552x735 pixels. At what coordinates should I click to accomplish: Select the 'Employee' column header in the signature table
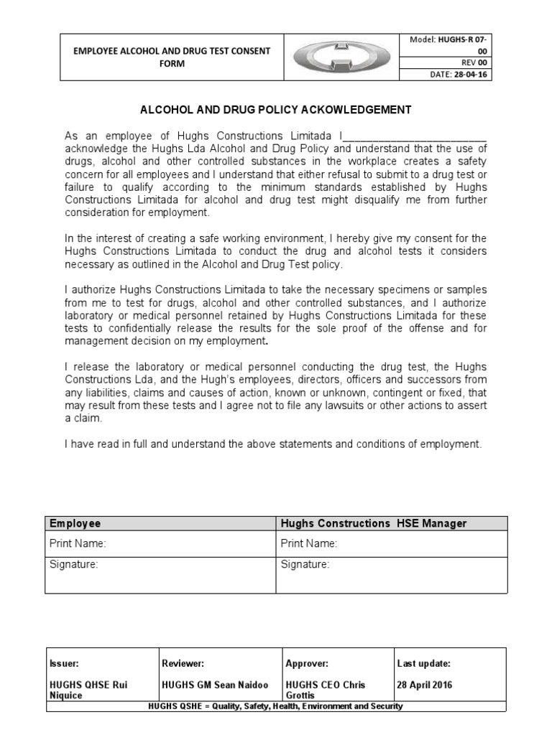tap(75, 523)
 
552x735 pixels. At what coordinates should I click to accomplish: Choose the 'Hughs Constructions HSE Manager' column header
tap(373, 523)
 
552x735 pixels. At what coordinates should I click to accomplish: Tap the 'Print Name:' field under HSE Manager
tap(392, 544)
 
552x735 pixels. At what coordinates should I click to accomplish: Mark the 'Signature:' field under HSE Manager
tap(392, 574)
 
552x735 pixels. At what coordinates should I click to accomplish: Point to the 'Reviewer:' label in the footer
tap(183, 664)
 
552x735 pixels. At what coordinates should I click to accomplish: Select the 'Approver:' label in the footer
tap(308, 664)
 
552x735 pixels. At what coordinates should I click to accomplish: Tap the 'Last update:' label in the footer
tap(423, 664)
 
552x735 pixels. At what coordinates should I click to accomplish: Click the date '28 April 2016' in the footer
tap(425, 685)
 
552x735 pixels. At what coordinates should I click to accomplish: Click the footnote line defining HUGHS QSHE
tap(275, 706)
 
